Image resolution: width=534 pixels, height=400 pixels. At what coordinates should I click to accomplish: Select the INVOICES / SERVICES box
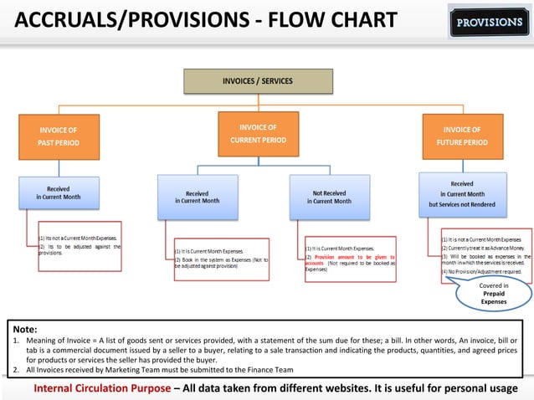(x=258, y=81)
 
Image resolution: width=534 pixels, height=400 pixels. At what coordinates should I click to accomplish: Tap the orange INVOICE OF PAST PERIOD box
(x=59, y=136)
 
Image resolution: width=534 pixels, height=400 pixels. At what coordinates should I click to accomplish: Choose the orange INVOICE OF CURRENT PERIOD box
(x=258, y=133)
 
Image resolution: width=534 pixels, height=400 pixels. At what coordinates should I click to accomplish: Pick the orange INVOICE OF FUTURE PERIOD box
(x=462, y=136)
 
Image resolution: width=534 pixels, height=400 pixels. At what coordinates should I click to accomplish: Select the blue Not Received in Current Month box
(x=329, y=197)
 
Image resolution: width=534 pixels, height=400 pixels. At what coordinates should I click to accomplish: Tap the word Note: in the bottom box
(x=25, y=330)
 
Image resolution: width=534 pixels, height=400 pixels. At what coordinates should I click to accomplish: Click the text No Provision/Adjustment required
(x=484, y=272)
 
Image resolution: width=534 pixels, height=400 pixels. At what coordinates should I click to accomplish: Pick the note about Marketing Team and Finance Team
(x=159, y=369)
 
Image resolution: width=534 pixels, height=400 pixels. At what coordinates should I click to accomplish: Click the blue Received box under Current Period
(x=197, y=197)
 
